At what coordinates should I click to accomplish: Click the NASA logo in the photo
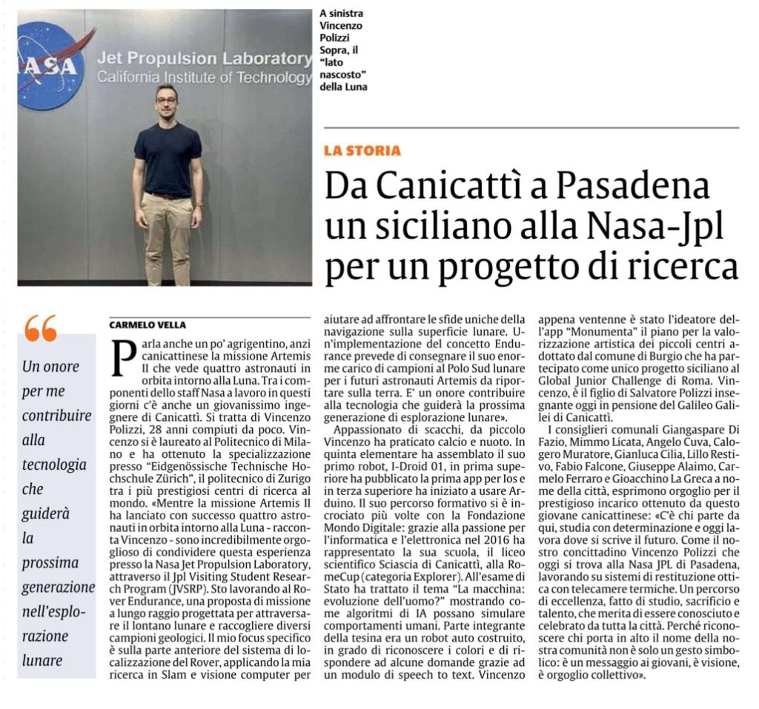tap(49, 65)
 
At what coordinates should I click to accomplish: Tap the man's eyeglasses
tap(166, 100)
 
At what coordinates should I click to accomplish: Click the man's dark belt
tap(168, 196)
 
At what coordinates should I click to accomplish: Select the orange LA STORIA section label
tap(362, 151)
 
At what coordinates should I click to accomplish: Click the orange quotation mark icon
tap(41, 327)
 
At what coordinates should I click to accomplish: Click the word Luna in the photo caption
tap(353, 87)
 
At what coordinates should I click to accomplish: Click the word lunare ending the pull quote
tap(42, 659)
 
